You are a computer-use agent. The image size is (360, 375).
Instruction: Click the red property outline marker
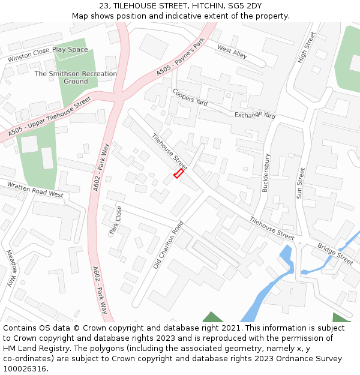pyautogui.click(x=178, y=173)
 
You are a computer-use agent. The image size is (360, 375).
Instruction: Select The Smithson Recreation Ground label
pyautogui.click(x=76, y=77)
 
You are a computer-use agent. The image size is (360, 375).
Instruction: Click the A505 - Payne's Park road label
pyautogui.click(x=181, y=57)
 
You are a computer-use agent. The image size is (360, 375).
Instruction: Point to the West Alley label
pyautogui.click(x=232, y=52)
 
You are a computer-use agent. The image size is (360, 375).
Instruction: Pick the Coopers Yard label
pyautogui.click(x=190, y=97)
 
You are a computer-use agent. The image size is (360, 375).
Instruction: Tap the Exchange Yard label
pyautogui.click(x=254, y=115)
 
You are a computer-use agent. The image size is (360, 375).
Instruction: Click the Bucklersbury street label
pyautogui.click(x=266, y=173)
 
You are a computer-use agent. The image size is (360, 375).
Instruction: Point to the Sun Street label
pyautogui.click(x=301, y=183)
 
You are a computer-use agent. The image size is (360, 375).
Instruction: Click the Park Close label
pyautogui.click(x=115, y=220)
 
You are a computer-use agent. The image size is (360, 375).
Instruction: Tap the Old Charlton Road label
pyautogui.click(x=169, y=244)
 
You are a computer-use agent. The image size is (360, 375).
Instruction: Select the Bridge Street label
pyautogui.click(x=335, y=254)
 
